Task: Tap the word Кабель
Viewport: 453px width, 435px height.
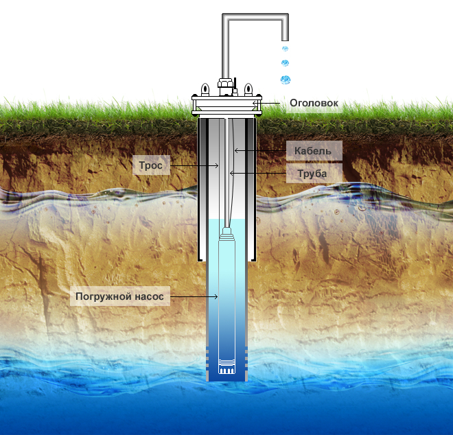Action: pos(312,150)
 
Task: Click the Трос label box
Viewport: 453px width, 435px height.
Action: pos(150,165)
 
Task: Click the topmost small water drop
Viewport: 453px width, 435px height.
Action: pos(285,49)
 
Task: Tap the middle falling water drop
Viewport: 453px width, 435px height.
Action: pos(285,63)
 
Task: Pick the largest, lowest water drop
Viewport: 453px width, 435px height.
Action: pos(286,80)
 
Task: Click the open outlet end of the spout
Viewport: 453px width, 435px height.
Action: pos(285,40)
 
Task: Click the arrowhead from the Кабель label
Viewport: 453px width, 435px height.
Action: pos(235,150)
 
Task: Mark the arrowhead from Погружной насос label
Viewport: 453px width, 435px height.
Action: pos(218,297)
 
